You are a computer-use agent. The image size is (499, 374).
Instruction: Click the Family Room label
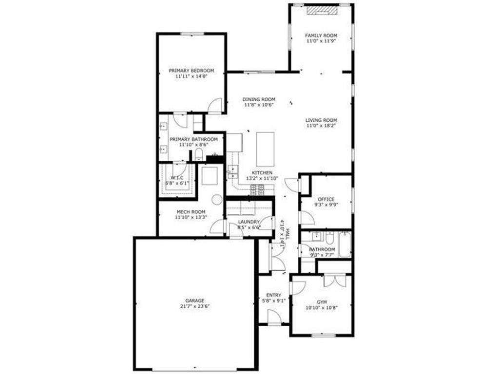[321, 36]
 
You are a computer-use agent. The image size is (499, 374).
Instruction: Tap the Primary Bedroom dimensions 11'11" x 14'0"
[191, 76]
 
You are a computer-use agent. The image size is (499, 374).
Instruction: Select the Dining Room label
[259, 99]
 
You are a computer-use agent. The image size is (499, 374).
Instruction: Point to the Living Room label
[321, 120]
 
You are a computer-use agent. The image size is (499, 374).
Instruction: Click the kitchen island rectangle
[265, 149]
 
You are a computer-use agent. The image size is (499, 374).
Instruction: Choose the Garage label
[194, 300]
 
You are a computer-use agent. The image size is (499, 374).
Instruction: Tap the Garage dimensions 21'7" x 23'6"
[194, 306]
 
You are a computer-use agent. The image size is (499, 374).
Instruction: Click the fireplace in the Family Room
[322, 11]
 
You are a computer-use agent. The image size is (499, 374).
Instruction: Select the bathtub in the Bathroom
[345, 244]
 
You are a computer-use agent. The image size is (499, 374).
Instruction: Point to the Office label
[326, 199]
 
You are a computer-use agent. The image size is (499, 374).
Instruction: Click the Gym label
[322, 302]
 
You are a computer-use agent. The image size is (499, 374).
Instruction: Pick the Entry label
[273, 295]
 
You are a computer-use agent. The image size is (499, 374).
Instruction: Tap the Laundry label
[248, 222]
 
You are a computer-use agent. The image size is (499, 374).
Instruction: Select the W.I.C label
[176, 178]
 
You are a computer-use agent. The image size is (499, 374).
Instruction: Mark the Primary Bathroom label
[193, 139]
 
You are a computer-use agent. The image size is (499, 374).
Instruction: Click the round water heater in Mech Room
[217, 199]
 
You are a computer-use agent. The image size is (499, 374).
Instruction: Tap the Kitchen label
[262, 173]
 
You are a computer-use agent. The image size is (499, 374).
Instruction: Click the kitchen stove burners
[257, 190]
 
